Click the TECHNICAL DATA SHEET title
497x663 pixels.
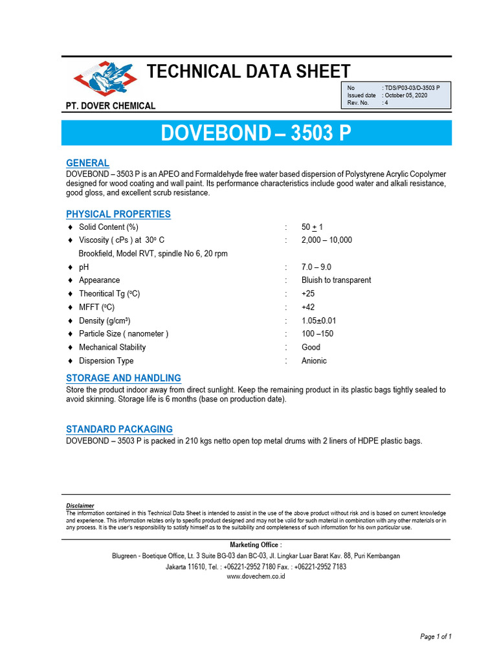click(x=249, y=71)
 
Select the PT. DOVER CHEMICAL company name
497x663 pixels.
click(x=111, y=106)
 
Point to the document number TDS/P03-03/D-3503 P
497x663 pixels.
click(x=411, y=87)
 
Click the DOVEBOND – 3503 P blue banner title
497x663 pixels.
click(x=256, y=133)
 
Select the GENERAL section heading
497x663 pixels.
click(x=88, y=163)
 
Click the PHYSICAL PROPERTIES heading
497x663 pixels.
click(x=118, y=214)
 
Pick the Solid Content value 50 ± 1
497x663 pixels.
click(x=312, y=227)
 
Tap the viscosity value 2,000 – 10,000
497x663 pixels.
click(x=327, y=240)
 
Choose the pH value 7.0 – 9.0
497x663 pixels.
click(x=316, y=267)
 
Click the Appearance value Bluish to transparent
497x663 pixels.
click(x=336, y=280)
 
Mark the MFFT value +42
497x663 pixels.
click(x=309, y=307)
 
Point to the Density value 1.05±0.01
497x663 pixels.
click(x=319, y=320)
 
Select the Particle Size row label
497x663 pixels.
click(x=123, y=333)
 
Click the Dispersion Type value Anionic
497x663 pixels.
click(x=314, y=361)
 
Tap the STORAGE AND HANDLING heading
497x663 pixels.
click(x=124, y=378)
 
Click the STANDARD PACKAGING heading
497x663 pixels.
click(x=120, y=429)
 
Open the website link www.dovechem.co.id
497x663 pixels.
click(x=256, y=577)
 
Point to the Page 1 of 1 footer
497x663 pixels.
click(x=436, y=637)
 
